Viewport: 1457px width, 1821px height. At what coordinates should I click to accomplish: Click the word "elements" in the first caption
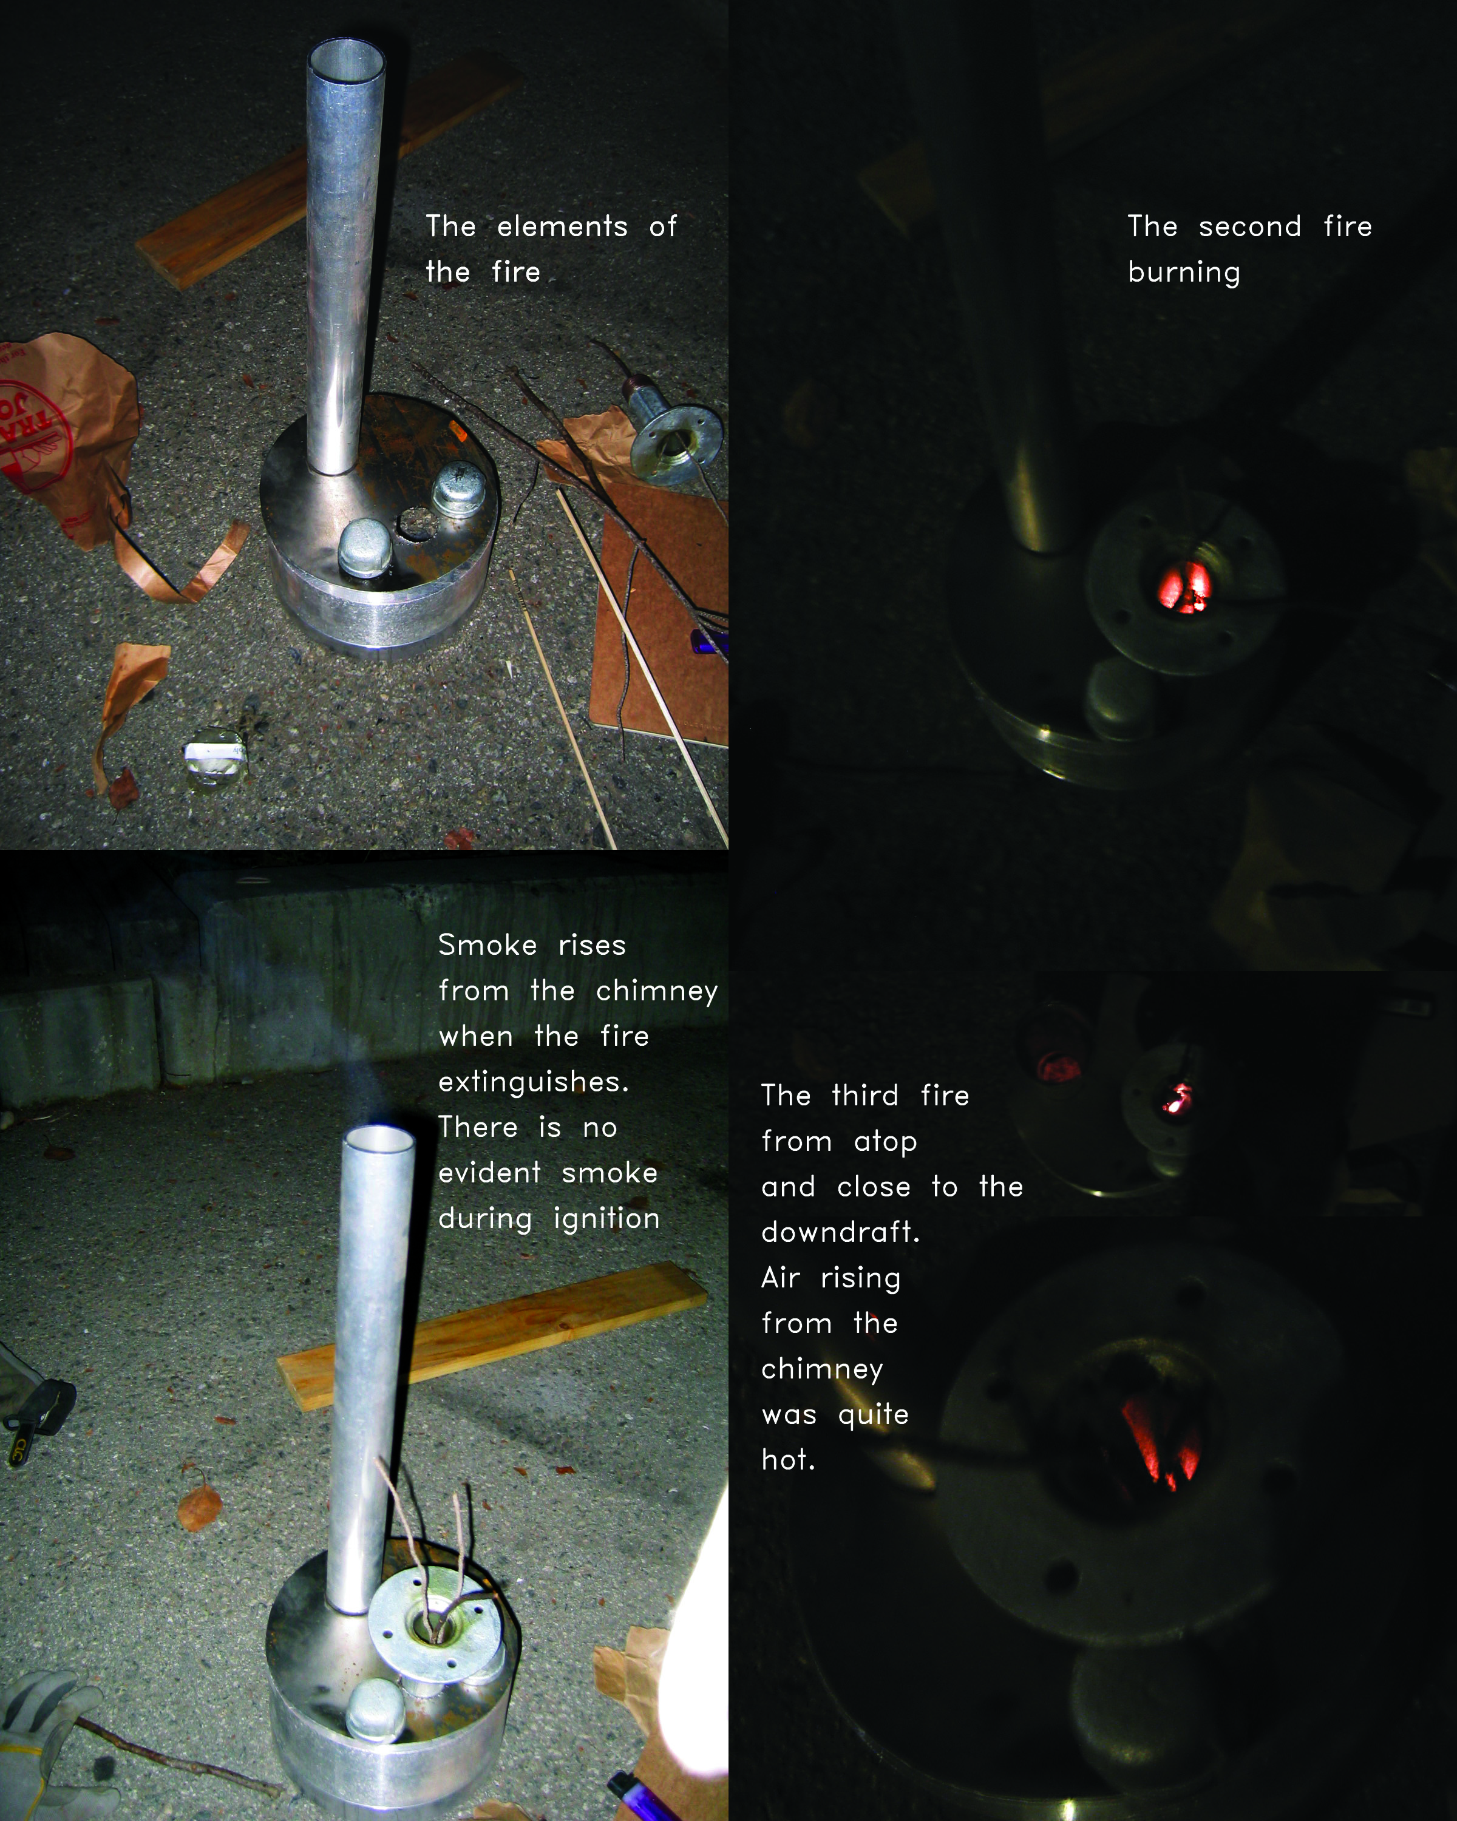(562, 226)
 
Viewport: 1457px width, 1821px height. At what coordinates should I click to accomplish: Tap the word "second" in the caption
(1249, 226)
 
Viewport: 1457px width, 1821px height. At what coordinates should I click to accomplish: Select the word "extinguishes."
(534, 1082)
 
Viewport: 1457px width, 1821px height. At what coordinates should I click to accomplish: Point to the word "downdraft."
(840, 1232)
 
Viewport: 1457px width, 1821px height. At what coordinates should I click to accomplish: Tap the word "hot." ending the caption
(788, 1460)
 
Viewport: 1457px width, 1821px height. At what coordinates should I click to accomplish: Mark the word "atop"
(885, 1142)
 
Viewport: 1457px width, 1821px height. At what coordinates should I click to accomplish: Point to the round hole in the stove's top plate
(414, 522)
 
